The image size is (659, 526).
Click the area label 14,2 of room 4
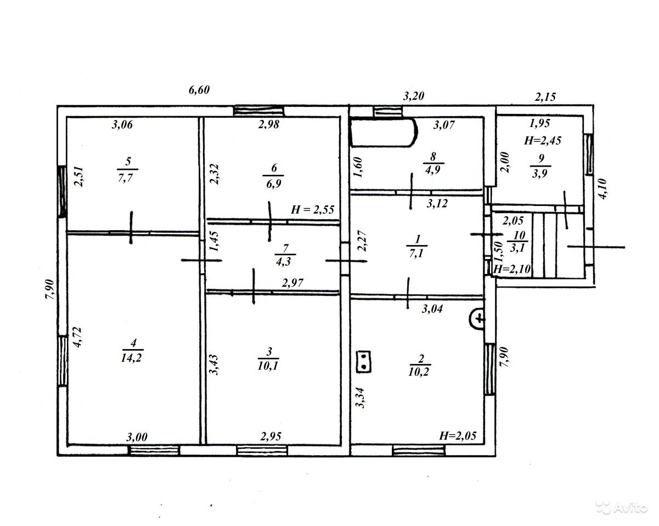(x=131, y=358)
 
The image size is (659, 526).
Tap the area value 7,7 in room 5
(x=125, y=178)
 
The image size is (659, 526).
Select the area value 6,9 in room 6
(x=273, y=184)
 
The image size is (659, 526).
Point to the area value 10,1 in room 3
(x=268, y=366)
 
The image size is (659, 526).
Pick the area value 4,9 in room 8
(x=432, y=170)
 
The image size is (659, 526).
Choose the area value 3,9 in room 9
(x=539, y=174)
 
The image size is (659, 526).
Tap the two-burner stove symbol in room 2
(x=363, y=362)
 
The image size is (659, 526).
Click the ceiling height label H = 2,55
(x=312, y=210)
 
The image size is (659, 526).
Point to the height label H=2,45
(x=543, y=141)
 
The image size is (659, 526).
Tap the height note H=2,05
(x=458, y=436)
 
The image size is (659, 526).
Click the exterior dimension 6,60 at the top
(x=199, y=90)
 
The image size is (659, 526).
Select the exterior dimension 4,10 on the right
(x=602, y=189)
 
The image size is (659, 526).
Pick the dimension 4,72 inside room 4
(x=77, y=338)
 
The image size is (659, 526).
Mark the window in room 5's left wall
(x=63, y=191)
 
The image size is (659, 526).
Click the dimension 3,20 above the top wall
(x=413, y=96)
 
